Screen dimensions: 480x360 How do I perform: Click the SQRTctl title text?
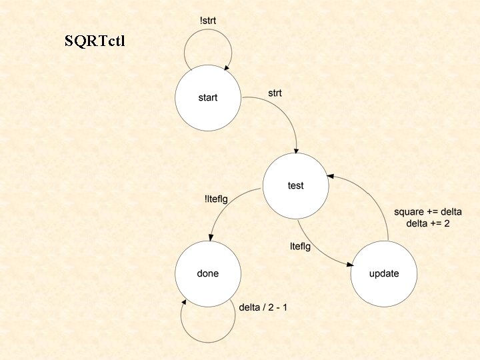coord(95,41)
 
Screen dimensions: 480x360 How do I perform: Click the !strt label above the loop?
coord(208,21)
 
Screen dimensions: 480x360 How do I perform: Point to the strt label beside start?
coord(275,93)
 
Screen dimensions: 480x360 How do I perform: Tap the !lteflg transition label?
coord(216,199)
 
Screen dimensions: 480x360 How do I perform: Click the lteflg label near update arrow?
coord(300,247)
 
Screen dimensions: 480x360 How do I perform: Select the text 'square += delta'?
coord(428,212)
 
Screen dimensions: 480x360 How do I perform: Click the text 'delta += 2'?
coord(428,223)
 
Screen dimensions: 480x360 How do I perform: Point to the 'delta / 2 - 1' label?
coord(263,307)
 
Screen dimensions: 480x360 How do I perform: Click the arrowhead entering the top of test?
coord(296,150)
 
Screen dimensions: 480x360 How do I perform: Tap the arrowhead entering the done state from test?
coord(211,237)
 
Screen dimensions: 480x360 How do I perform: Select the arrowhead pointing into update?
coord(350,265)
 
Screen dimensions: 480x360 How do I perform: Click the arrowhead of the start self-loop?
coord(227,67)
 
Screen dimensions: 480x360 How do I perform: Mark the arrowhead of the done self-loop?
coord(184,303)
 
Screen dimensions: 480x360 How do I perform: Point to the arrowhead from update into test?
coord(330,176)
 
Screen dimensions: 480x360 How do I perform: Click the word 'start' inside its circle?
coord(208,97)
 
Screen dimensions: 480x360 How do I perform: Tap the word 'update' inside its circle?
coord(384,274)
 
